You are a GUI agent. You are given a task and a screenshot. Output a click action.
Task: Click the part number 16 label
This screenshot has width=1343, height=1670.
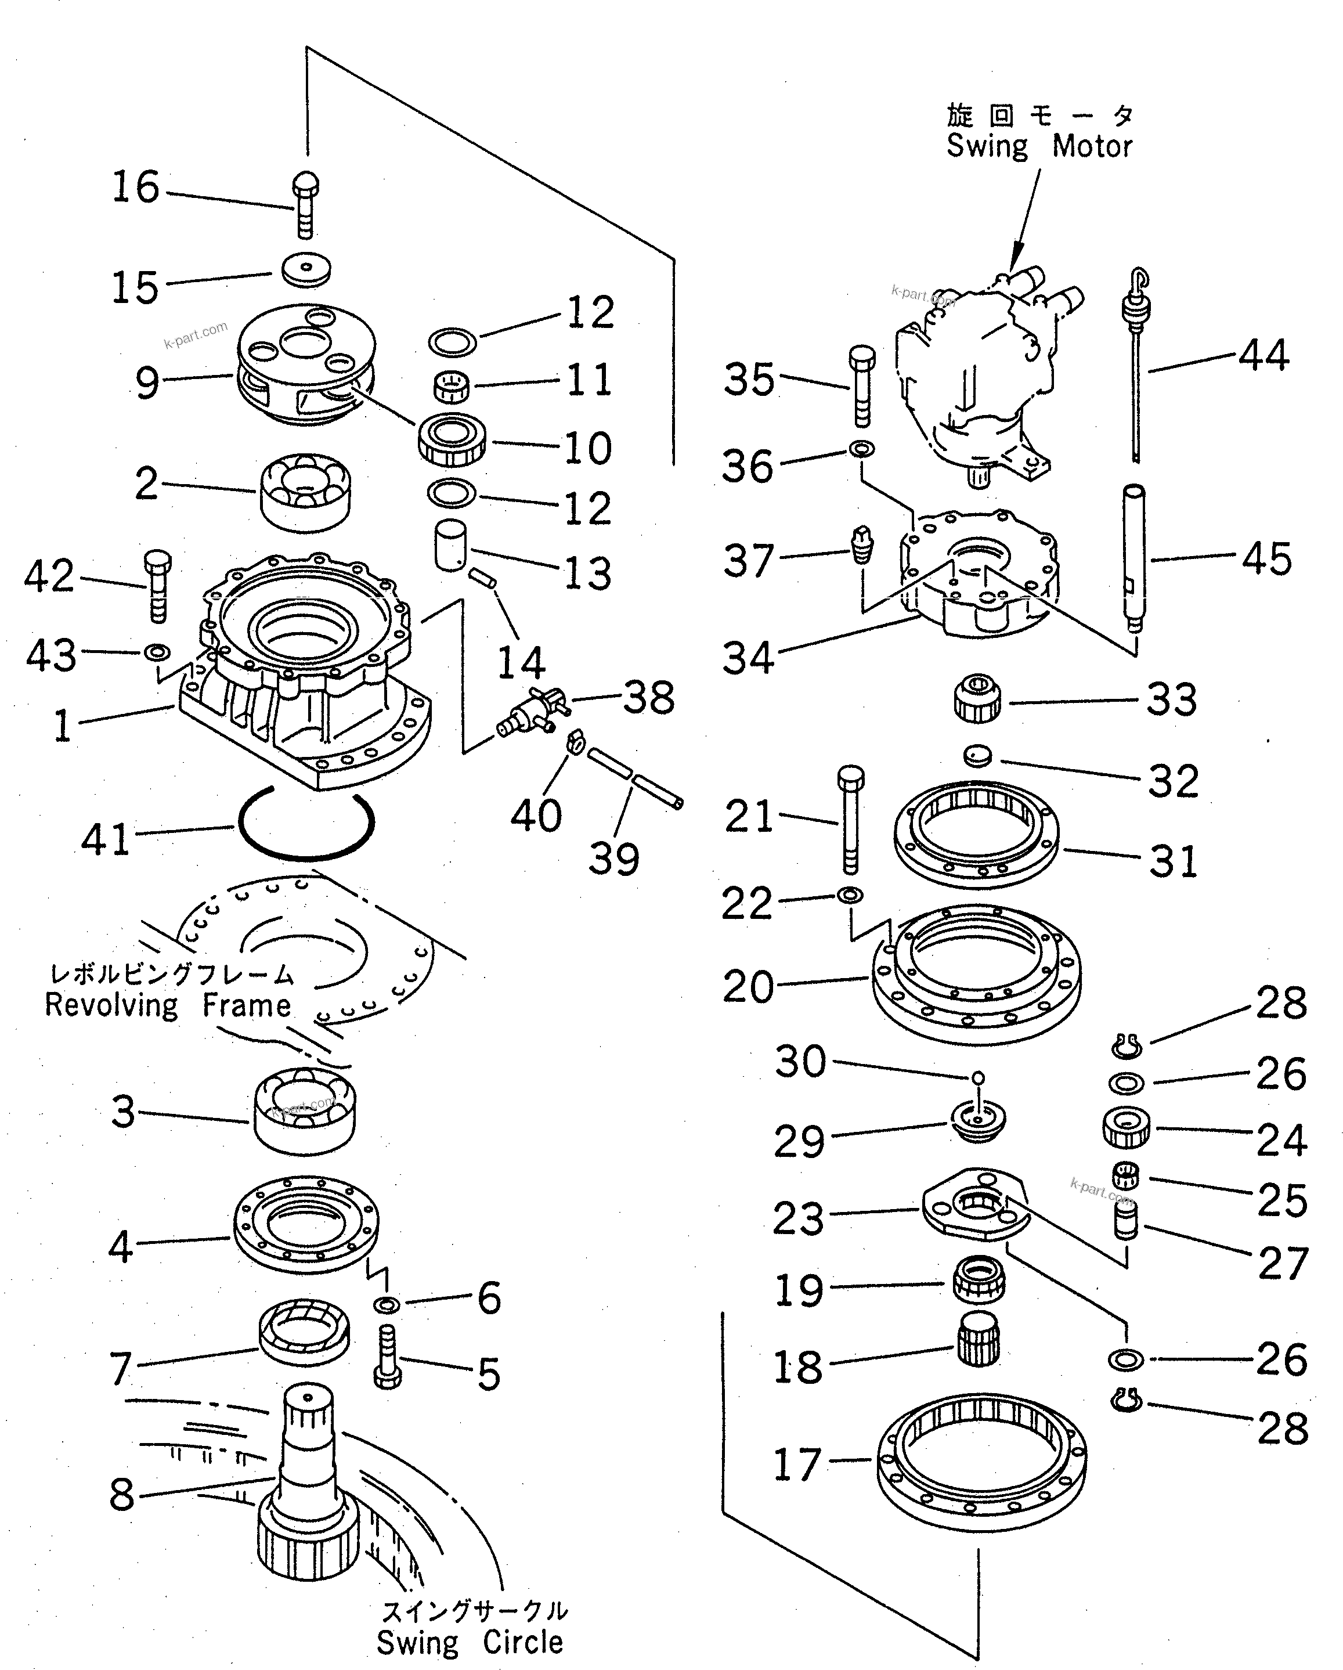(x=136, y=187)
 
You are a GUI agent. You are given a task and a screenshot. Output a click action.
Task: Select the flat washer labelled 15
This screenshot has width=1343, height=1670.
(x=306, y=269)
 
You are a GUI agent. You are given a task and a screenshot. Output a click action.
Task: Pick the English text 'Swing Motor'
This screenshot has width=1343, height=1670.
(x=1039, y=146)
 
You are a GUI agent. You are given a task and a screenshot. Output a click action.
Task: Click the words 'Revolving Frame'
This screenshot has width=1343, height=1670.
(x=167, y=1006)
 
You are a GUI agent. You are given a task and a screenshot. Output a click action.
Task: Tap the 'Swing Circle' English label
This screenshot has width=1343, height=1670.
(x=470, y=1642)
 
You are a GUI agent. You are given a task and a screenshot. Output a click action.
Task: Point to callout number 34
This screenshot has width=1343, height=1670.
(x=748, y=658)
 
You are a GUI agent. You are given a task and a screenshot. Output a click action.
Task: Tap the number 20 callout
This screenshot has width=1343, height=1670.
(x=748, y=987)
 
